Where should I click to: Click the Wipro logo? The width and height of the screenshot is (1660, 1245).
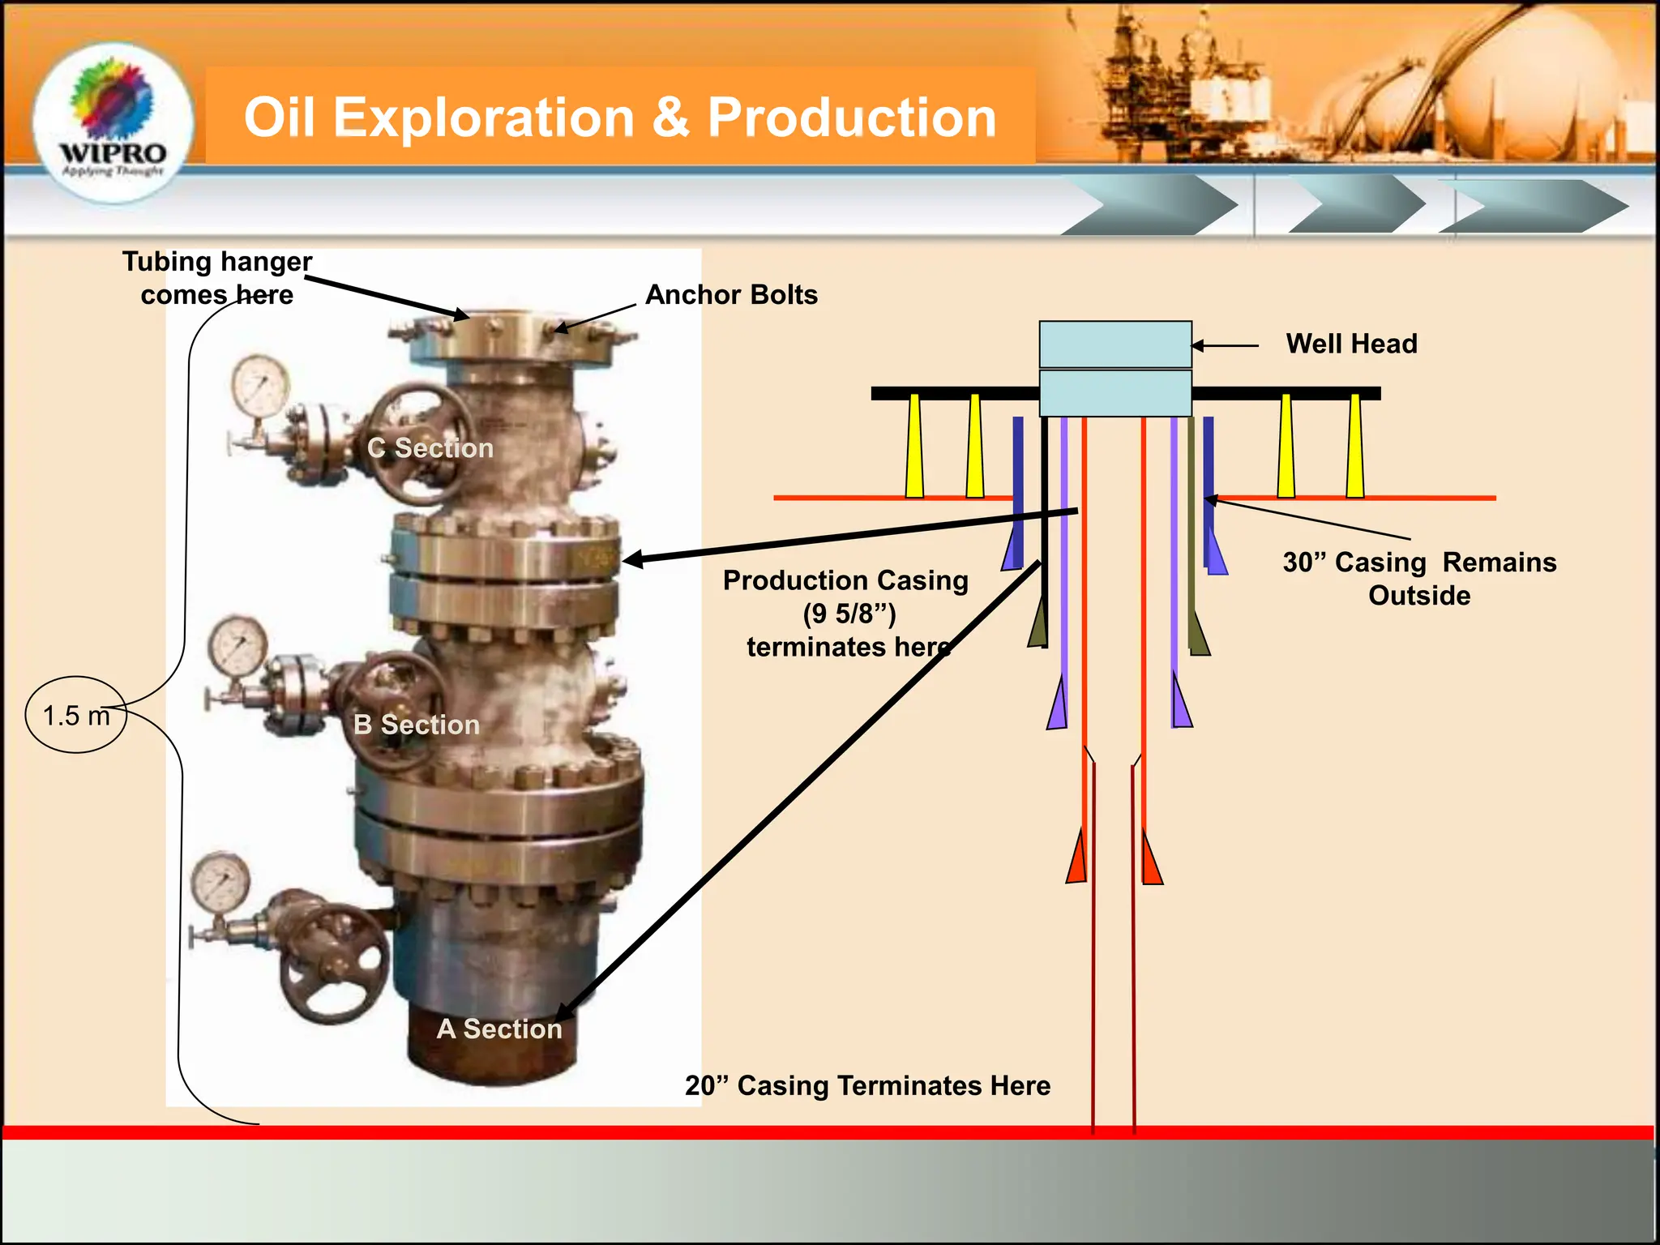(113, 122)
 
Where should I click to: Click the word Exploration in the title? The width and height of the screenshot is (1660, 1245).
(483, 118)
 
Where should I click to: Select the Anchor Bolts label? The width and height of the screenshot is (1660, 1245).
(731, 295)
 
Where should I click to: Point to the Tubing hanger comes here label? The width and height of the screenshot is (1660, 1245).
(217, 278)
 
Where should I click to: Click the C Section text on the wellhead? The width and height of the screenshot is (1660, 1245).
(430, 448)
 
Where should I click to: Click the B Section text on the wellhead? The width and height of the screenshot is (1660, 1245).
(417, 725)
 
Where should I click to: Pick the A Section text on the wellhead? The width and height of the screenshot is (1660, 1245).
(499, 1029)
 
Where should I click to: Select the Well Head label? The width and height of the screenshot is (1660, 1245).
(1351, 344)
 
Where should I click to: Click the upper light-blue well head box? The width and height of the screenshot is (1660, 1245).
(1115, 344)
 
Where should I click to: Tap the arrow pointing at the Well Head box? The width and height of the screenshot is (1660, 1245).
(1225, 345)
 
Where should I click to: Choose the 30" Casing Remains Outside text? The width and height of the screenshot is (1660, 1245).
(1419, 579)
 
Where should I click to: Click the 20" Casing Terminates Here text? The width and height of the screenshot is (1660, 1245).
(867, 1086)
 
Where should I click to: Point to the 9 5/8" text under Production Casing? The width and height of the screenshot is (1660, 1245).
(849, 614)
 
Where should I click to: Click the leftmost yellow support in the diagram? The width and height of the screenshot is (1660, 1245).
(914, 446)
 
